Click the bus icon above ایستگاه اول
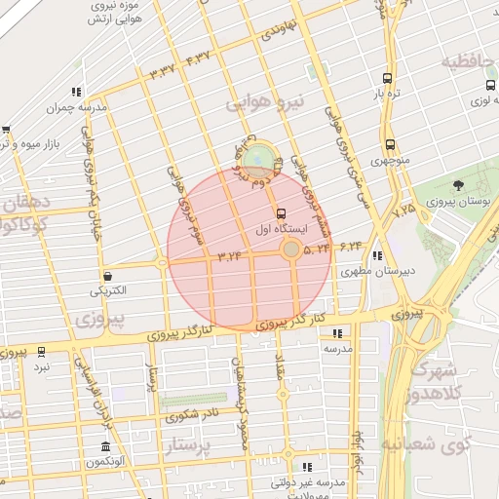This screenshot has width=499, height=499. pos(282,213)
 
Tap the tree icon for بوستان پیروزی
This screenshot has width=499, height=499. pos(459,185)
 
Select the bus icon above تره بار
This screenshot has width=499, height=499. pos(389,79)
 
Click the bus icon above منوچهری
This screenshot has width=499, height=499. pos(390,144)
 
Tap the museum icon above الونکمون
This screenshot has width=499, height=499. pos(105,447)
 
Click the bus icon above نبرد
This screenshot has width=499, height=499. pos(41,351)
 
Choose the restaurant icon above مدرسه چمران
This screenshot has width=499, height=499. pos(76,93)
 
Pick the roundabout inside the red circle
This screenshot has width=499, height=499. pos(290,250)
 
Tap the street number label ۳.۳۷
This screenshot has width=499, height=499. pos(162,70)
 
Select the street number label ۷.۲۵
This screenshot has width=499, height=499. pos(403,208)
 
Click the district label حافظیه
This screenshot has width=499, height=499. pos(471,62)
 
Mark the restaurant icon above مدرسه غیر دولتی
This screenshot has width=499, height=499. pos(307,468)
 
